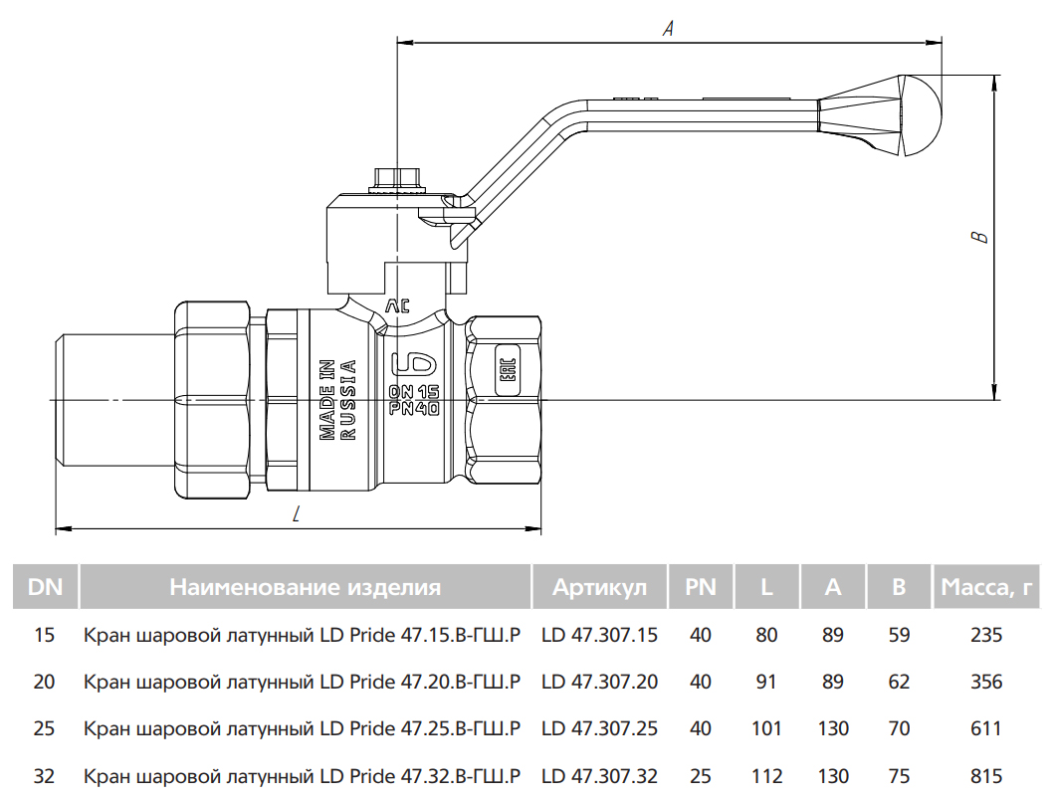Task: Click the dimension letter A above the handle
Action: [669, 29]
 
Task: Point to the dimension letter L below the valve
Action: [297, 514]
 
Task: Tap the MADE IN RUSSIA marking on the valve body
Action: [337, 398]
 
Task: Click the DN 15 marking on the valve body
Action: [415, 391]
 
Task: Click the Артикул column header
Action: [599, 587]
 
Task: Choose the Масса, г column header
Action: [985, 587]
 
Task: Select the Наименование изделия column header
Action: [305, 587]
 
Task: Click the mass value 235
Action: [985, 635]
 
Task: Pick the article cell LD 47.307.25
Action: [599, 729]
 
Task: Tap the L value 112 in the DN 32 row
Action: [766, 776]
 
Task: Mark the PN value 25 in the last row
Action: [701, 776]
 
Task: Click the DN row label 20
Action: [44, 683]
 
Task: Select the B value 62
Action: [899, 683]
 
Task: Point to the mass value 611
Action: [985, 729]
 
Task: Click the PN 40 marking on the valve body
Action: [415, 407]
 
